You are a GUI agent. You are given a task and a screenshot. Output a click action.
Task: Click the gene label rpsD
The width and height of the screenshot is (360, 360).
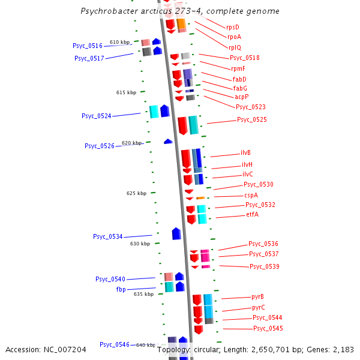click(x=232, y=27)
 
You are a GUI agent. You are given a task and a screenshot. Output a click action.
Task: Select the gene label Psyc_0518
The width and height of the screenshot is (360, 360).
click(x=245, y=58)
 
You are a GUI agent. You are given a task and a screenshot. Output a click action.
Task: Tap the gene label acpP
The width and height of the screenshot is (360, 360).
click(x=242, y=97)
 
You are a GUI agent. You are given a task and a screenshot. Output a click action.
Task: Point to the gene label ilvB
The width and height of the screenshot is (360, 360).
click(x=246, y=153)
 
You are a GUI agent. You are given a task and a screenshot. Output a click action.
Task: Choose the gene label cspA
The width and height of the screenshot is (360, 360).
click(x=251, y=195)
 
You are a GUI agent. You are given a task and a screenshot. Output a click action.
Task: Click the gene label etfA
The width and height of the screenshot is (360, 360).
click(x=253, y=215)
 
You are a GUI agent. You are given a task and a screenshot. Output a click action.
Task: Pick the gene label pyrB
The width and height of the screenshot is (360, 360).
click(x=258, y=296)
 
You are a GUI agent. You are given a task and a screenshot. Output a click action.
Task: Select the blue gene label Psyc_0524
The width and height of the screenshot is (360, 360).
click(x=96, y=116)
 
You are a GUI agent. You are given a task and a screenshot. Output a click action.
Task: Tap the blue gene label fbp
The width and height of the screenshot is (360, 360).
click(x=121, y=289)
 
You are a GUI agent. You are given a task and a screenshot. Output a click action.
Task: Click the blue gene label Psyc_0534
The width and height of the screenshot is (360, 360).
click(x=107, y=236)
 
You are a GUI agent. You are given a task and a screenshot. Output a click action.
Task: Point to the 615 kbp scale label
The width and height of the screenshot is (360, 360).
click(x=126, y=92)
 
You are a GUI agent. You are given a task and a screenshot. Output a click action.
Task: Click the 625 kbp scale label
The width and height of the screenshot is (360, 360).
click(x=136, y=193)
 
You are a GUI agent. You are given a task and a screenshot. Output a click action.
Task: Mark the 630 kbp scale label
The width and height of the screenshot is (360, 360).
click(x=140, y=244)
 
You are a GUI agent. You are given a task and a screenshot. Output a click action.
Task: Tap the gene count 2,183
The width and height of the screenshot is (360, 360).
click(x=343, y=349)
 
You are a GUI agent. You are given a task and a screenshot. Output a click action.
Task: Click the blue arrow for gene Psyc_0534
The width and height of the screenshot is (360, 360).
click(x=176, y=233)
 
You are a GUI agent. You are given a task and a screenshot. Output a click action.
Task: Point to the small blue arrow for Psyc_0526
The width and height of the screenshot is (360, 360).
click(x=168, y=141)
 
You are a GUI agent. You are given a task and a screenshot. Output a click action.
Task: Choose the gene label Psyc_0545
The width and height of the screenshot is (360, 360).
click(x=268, y=328)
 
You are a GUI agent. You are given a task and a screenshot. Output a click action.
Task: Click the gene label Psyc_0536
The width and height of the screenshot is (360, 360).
click(x=263, y=244)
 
